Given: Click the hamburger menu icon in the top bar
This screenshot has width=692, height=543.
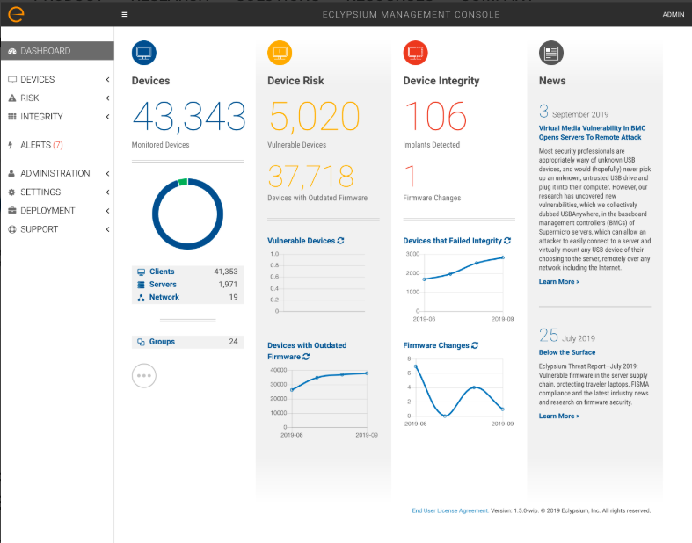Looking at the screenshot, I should (x=125, y=15).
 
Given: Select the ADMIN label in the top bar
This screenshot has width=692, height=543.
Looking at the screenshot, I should (x=673, y=15).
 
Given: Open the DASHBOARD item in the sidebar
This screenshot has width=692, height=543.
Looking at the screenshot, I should (x=46, y=51).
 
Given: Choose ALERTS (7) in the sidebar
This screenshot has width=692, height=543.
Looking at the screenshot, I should (x=40, y=145).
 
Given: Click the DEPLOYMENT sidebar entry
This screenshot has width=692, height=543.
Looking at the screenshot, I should (x=47, y=211).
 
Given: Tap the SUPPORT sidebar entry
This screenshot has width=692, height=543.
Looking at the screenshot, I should (x=40, y=229).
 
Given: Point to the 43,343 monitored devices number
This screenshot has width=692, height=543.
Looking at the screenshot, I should (x=188, y=116).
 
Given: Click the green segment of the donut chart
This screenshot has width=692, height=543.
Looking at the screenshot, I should (x=183, y=182).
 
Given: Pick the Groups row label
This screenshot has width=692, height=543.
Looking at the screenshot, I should (x=162, y=342).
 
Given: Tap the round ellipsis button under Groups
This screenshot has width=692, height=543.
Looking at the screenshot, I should (x=144, y=375).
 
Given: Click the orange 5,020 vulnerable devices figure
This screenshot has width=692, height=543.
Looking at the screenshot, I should (x=314, y=116).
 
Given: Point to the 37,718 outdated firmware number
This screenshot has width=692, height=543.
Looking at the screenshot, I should (x=311, y=177).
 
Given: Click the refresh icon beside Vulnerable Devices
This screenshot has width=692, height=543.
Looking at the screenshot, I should (x=341, y=241).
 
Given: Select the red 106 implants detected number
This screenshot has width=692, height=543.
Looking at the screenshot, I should (x=435, y=116).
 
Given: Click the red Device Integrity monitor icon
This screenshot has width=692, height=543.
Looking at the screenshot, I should (x=415, y=53).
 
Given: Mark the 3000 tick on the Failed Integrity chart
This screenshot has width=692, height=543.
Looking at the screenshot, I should (x=412, y=254).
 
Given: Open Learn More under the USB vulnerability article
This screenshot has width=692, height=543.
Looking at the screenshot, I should (x=559, y=282).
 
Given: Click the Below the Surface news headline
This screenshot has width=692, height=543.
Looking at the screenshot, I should (x=567, y=352).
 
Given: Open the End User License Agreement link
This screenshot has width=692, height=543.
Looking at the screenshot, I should (x=449, y=510).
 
